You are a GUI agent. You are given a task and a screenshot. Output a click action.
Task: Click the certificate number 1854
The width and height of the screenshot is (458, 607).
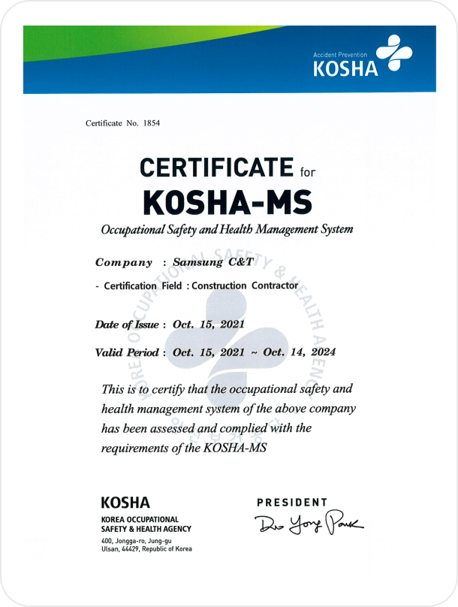point(152,122)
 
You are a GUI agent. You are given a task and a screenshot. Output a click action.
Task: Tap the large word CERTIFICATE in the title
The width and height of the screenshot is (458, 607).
point(216,167)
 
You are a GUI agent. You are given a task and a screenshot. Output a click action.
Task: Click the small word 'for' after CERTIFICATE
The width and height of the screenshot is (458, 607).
point(309,171)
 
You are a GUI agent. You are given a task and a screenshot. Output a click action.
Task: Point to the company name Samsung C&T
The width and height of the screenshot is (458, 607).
point(214,263)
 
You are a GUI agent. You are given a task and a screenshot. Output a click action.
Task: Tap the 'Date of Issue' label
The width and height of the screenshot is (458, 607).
point(126,325)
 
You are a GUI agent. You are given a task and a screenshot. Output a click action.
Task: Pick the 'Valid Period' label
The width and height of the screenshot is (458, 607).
point(126,352)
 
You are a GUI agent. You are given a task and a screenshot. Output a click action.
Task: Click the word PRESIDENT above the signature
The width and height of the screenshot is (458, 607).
point(292,502)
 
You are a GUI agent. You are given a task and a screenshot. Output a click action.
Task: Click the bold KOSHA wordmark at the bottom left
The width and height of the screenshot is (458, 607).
point(125,503)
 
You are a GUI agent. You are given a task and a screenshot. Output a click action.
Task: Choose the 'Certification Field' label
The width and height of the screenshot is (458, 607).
point(130,285)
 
